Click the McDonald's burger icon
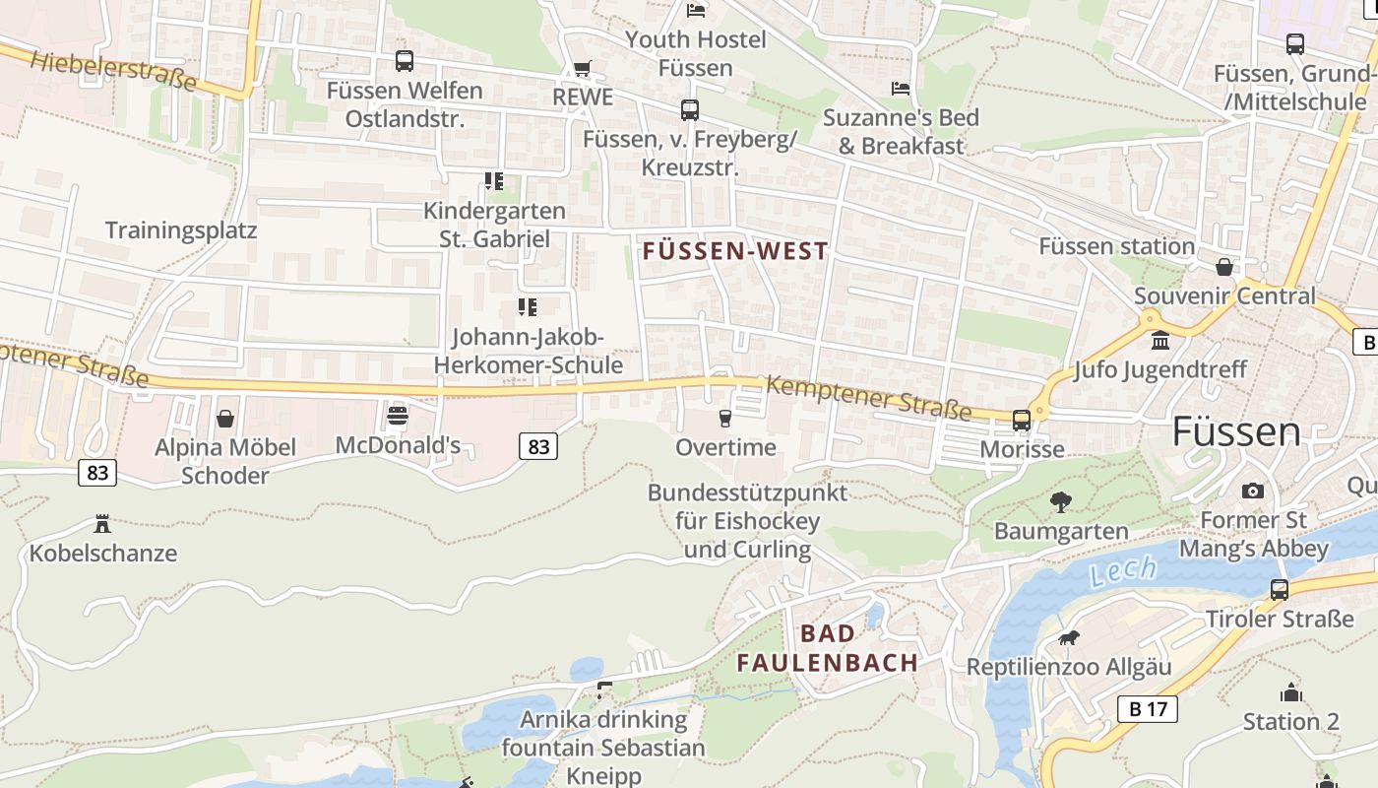click(x=398, y=416)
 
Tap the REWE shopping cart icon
click(x=583, y=68)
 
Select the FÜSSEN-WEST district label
click(x=735, y=251)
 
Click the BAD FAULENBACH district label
click(x=828, y=648)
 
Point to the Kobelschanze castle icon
click(x=102, y=523)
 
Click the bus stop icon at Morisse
click(x=1022, y=421)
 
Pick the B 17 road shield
click(x=1148, y=708)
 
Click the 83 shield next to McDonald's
click(x=538, y=447)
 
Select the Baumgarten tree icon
click(x=1060, y=502)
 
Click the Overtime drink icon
click(x=725, y=419)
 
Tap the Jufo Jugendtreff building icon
click(x=1160, y=341)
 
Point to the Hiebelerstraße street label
click(x=113, y=71)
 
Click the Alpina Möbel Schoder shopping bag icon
click(x=225, y=419)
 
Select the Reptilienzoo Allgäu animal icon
click(x=1068, y=638)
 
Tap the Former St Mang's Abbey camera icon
click(x=1252, y=491)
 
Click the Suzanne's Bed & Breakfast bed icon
click(x=900, y=89)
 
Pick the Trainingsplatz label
click(x=181, y=230)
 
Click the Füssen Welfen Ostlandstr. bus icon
click(x=405, y=61)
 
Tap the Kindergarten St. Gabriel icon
click(x=493, y=181)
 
